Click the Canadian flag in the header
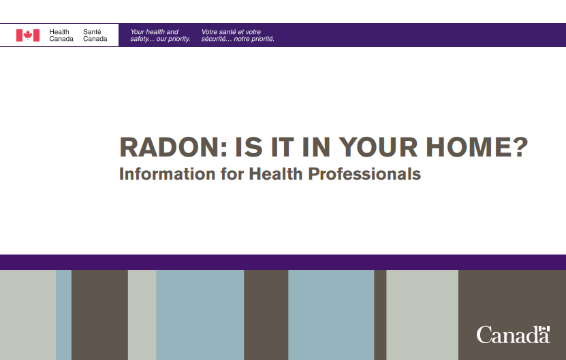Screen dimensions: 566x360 (28, 35)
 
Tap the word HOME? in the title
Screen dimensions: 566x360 (477, 147)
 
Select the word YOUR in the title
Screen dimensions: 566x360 (378, 147)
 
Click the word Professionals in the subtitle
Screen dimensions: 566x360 (364, 174)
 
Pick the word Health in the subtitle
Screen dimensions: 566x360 (276, 174)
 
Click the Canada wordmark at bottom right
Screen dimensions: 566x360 (513, 335)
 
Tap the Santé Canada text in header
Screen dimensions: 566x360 (95, 35)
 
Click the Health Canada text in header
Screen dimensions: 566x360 (61, 35)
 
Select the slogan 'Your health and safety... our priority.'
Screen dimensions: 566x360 (160, 35)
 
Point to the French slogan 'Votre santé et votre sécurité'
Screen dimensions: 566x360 (238, 35)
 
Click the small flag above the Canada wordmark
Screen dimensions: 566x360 (544, 329)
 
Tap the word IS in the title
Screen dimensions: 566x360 (249, 147)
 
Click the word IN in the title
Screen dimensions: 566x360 (316, 147)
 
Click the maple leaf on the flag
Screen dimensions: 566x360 (28, 35)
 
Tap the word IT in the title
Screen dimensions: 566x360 (283, 147)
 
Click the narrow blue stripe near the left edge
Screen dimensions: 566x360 (63, 315)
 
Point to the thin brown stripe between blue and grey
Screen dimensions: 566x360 (380, 315)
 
